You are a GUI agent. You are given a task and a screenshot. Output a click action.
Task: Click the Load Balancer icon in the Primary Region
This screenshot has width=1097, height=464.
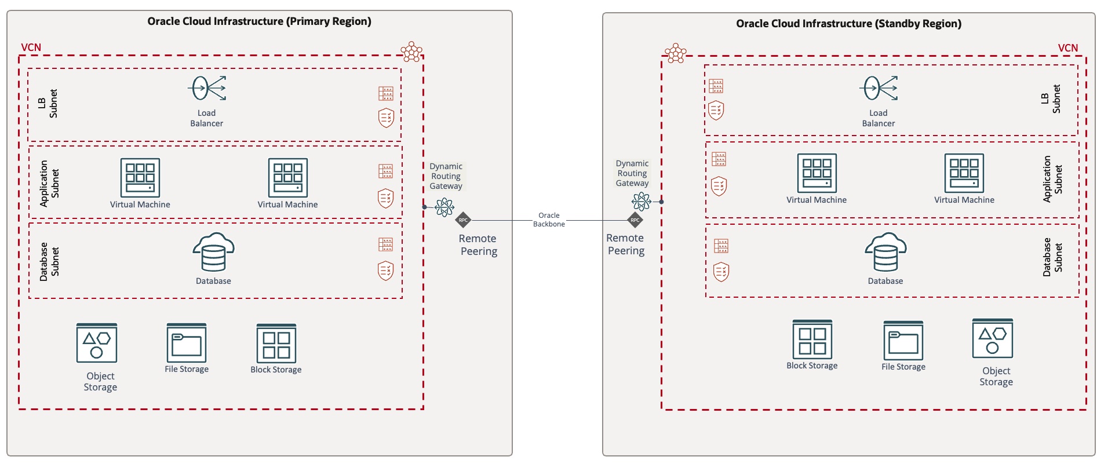207,89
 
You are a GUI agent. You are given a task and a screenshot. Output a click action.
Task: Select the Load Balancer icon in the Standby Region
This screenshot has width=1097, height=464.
879,89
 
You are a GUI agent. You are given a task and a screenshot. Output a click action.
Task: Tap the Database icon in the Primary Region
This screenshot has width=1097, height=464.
213,253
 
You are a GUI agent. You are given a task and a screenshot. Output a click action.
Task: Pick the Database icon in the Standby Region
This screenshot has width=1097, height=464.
885,253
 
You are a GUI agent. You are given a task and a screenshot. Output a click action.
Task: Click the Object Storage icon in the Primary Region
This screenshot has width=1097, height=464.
97,343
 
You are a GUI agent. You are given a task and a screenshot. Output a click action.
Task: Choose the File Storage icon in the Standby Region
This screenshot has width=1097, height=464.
903,341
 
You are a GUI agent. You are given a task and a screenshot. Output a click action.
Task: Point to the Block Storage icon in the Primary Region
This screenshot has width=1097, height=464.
276,344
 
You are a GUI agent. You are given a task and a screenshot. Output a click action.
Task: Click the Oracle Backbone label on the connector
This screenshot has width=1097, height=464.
549,220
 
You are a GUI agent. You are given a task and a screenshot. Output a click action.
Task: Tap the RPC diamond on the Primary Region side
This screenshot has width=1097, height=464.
463,220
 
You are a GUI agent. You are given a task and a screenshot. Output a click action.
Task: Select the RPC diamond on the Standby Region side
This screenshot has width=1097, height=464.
635,220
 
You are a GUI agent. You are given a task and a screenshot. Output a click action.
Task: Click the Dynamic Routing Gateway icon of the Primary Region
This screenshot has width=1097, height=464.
444,207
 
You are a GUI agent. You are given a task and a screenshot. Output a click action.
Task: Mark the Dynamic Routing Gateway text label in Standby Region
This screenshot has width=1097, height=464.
632,173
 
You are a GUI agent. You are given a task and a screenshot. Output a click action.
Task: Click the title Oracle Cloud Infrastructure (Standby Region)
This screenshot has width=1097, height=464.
848,24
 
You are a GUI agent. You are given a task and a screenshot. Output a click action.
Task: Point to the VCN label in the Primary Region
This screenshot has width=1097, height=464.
31,48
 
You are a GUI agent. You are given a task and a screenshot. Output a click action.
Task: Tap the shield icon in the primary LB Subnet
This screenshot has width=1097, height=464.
386,118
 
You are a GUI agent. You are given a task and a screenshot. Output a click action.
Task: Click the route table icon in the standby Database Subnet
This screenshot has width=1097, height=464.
721,246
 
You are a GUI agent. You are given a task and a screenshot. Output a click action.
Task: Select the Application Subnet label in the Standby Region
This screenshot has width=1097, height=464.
1052,178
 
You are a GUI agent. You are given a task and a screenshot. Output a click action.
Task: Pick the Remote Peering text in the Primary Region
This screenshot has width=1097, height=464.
478,244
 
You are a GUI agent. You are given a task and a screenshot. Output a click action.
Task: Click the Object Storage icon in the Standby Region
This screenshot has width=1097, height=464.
992,339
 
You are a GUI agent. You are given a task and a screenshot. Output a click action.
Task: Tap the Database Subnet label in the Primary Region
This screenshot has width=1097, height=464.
49,261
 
